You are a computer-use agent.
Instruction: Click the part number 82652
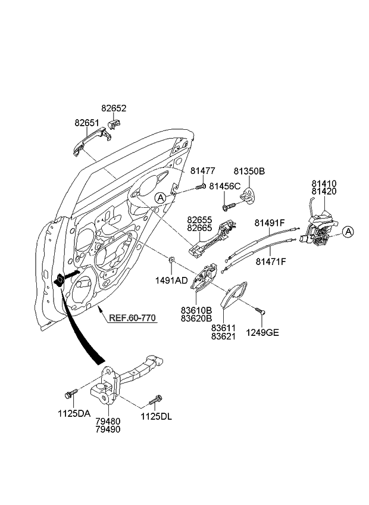click(114, 109)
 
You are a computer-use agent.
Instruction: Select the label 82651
click(87, 123)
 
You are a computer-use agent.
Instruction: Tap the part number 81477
click(203, 171)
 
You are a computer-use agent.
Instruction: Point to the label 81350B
click(249, 172)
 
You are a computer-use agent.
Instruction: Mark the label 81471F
click(271, 261)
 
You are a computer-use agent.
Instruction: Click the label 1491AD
click(172, 279)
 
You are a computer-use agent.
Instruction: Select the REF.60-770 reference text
click(132, 317)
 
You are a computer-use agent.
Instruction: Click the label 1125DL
click(156, 416)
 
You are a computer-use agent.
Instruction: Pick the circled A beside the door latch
click(348, 231)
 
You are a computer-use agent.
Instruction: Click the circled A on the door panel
click(160, 197)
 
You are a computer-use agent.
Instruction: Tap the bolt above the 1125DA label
click(71, 394)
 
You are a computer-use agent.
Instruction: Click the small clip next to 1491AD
click(171, 259)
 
